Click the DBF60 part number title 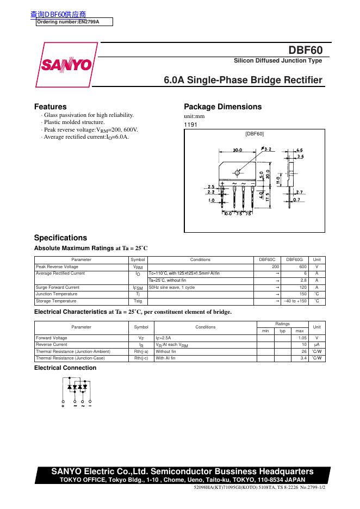[x=307, y=50]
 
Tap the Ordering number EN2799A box [x=75, y=22]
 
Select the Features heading [x=51, y=107]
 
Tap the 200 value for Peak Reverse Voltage [x=275, y=267]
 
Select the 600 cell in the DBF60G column [x=302, y=267]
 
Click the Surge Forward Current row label [x=58, y=287]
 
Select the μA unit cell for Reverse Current [x=316, y=345]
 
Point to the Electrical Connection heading [x=65, y=368]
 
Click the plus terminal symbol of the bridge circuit [x=63, y=405]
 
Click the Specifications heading [x=60, y=238]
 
